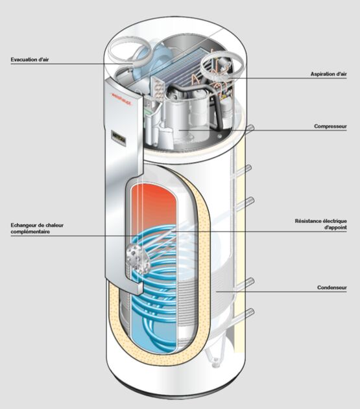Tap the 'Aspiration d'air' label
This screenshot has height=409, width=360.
pos(328,75)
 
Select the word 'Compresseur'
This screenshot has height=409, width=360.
pos(331,126)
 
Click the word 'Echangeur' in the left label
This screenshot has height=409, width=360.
pos(25,225)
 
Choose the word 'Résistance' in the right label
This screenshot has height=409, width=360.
pos(312,221)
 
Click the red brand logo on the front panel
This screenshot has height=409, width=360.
pos(120,97)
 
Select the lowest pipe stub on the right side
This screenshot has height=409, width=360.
pos(248,316)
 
